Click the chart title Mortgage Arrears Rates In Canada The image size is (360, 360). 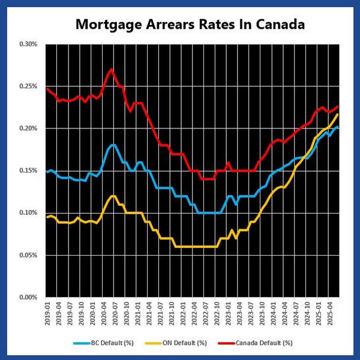pyautogui.click(x=190, y=25)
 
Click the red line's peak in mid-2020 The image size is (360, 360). pyautogui.click(x=111, y=69)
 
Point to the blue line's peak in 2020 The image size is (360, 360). pyautogui.click(x=113, y=145)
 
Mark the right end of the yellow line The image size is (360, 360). pyautogui.click(x=338, y=114)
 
